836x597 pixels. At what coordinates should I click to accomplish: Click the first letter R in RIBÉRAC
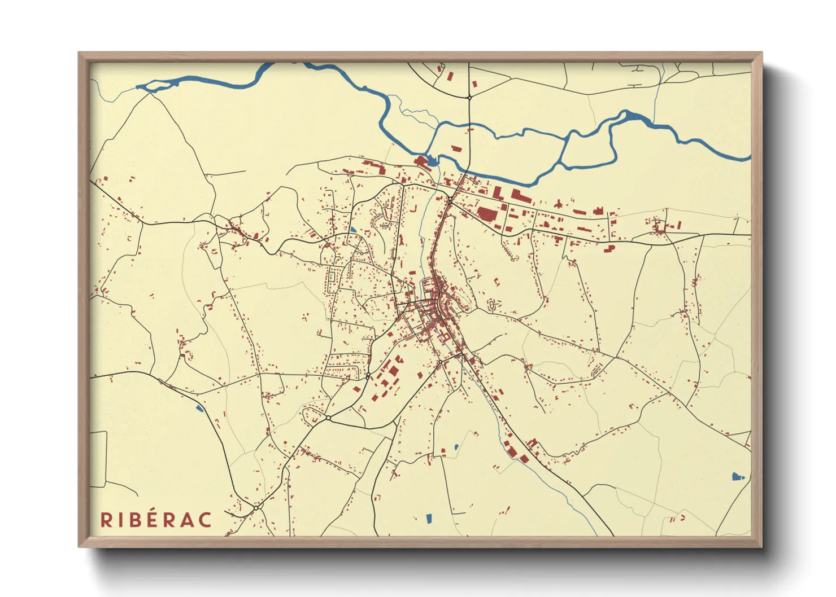[x=106, y=520]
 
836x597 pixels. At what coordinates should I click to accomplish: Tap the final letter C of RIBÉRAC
[x=205, y=520]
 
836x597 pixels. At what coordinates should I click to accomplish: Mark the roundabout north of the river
[x=469, y=98]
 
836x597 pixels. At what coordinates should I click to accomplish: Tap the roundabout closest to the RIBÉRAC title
[x=256, y=508]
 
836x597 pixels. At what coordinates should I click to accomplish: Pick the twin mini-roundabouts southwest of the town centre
[x=368, y=375]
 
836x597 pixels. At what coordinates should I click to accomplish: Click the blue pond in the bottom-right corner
[x=737, y=477]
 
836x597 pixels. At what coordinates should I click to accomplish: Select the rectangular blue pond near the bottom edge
[x=428, y=517]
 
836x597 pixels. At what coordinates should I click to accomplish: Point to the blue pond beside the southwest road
[x=199, y=407]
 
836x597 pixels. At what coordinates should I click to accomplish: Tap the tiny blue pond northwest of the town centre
[x=353, y=230]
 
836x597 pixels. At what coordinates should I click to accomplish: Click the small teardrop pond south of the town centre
[x=456, y=447]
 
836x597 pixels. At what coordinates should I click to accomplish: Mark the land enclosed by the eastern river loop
[x=587, y=148]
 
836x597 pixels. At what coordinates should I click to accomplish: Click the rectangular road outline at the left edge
[x=98, y=459]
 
